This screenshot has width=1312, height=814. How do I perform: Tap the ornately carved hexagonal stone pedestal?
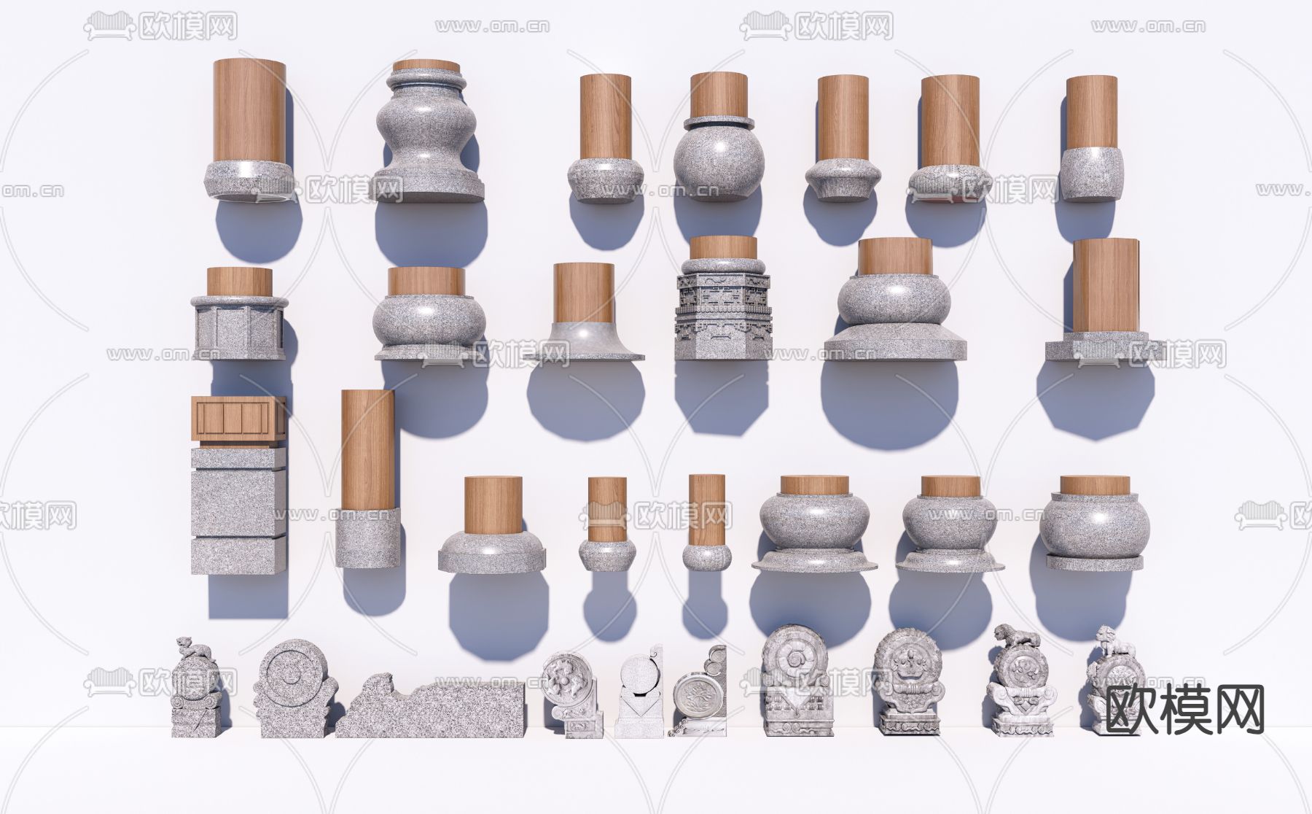(x=722, y=309)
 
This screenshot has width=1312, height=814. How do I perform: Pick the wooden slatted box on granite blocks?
(x=238, y=419)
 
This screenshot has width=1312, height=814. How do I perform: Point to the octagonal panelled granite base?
(x=239, y=327)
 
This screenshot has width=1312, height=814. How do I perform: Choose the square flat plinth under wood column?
(x=1096, y=347)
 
